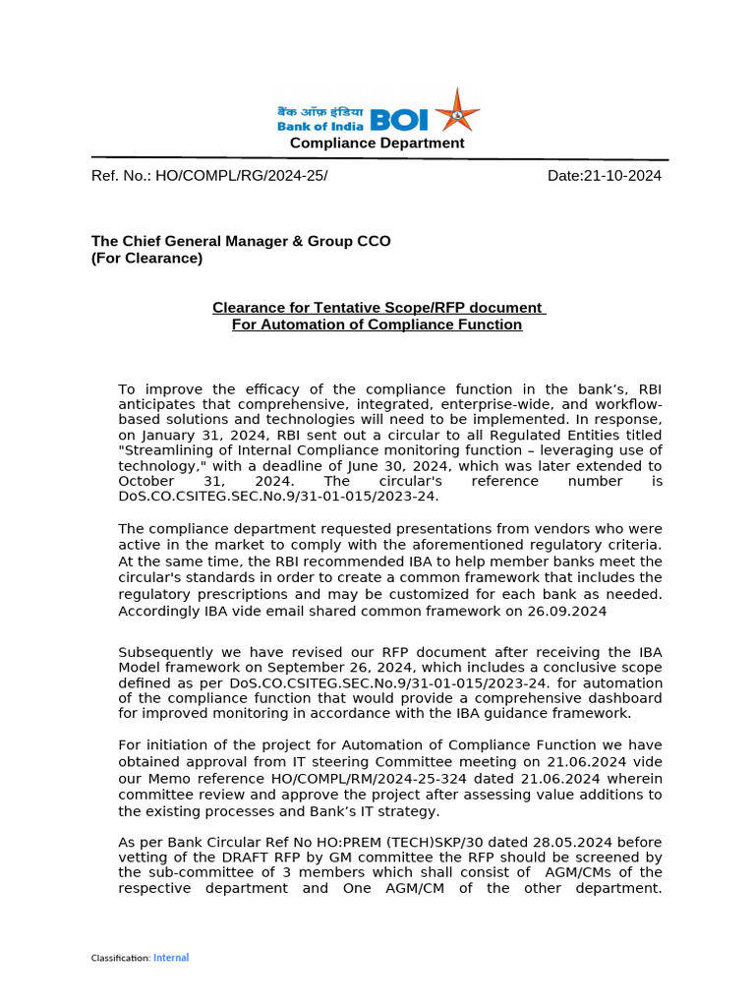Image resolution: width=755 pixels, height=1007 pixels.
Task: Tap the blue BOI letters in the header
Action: [x=398, y=120]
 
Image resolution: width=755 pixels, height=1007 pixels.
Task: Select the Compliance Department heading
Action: [x=377, y=144]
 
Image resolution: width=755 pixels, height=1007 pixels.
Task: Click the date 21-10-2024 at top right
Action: [x=622, y=176]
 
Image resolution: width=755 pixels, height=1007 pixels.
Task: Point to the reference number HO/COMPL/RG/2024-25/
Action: [x=237, y=176]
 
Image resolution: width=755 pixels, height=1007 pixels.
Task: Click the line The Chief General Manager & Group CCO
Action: [x=241, y=241]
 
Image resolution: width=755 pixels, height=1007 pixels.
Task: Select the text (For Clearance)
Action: [x=146, y=259]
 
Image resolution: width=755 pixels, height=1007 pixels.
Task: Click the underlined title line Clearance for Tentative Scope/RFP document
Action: [x=378, y=308]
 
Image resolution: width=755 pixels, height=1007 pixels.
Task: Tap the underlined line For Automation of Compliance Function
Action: [x=377, y=325]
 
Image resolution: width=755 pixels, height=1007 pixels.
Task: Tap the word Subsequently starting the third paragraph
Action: [x=160, y=652]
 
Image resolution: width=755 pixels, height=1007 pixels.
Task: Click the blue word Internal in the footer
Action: [x=171, y=958]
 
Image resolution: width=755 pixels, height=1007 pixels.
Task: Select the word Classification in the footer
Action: [x=120, y=958]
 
